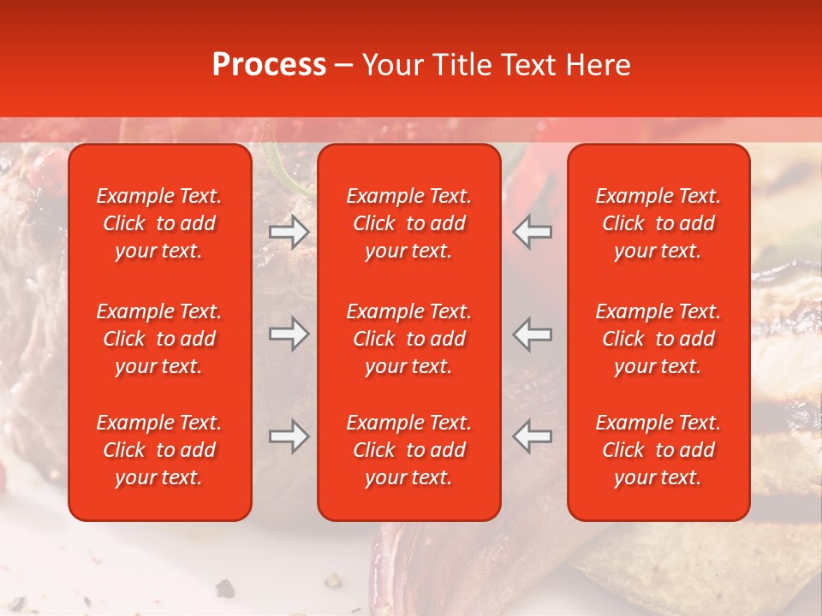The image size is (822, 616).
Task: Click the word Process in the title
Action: point(269,65)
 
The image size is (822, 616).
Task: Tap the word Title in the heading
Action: point(462,65)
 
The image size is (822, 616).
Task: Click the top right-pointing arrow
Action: point(289,232)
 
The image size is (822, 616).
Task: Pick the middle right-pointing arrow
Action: point(289,334)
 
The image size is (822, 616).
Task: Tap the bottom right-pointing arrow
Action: point(289,436)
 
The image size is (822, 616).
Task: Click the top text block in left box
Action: point(159,223)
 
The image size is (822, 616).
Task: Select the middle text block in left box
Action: point(159,339)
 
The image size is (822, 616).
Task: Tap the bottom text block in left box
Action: point(159,450)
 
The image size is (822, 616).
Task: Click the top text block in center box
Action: point(409,223)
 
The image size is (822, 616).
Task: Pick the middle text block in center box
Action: point(409,339)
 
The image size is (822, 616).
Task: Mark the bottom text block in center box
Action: point(409,450)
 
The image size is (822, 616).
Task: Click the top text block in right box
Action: point(658,223)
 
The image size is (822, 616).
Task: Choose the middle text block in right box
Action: point(658,339)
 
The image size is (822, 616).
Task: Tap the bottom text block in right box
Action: point(658,450)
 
